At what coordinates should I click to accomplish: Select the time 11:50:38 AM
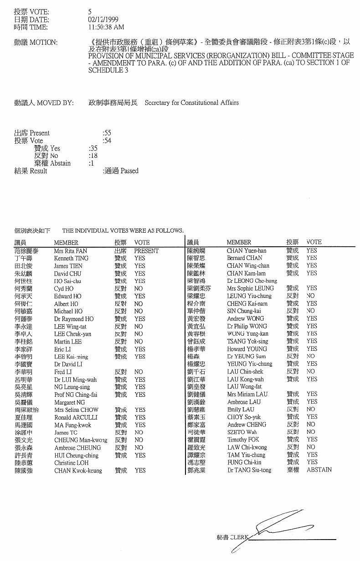pyautogui.click(x=106, y=27)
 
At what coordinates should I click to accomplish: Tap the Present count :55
pyautogui.click(x=108, y=133)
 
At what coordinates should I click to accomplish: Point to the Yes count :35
pyautogui.click(x=93, y=148)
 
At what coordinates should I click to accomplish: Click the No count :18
pyautogui.click(x=93, y=156)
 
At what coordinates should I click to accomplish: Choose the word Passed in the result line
pyautogui.click(x=129, y=171)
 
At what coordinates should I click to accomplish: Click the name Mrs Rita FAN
pyautogui.click(x=71, y=251)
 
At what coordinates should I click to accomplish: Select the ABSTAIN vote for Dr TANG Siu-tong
pyautogui.click(x=319, y=470)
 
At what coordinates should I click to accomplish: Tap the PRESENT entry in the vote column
pyautogui.click(x=146, y=251)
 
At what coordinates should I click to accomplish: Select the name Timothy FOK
pyautogui.click(x=243, y=440)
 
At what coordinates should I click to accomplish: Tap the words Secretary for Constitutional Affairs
pyautogui.click(x=191, y=103)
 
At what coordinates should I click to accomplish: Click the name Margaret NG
pyautogui.click(x=69, y=402)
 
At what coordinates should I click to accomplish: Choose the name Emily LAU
pyautogui.click(x=241, y=410)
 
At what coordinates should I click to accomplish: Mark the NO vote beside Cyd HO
pyautogui.click(x=139, y=289)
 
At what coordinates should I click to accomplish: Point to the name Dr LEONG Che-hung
pyautogui.click(x=252, y=281)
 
